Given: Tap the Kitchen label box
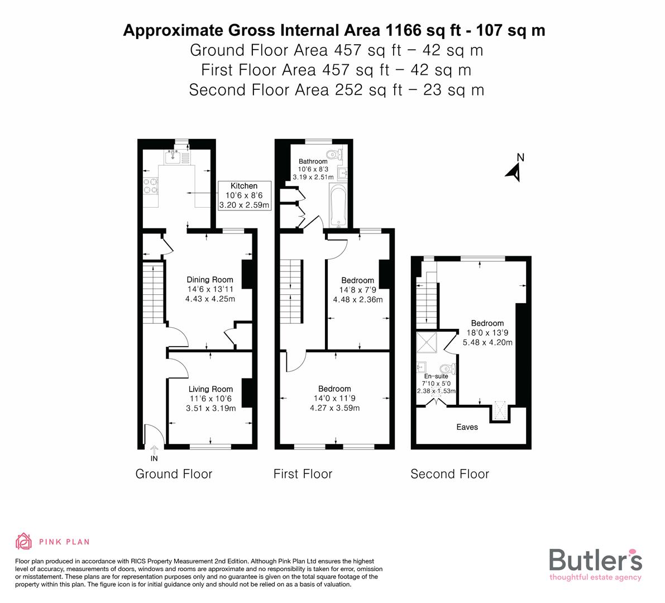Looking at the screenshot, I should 244,195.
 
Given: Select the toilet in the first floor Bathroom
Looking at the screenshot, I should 333,155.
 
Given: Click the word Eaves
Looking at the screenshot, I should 467,427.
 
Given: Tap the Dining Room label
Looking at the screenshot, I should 210,280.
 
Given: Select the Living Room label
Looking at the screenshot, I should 210,389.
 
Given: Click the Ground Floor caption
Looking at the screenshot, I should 174,474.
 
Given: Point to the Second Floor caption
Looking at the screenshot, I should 449,474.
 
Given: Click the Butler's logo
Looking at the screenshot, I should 595,564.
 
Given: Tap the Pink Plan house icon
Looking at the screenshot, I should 23,542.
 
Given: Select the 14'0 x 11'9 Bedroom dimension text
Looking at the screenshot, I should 334,398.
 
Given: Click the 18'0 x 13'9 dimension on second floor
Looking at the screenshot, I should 487,333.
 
